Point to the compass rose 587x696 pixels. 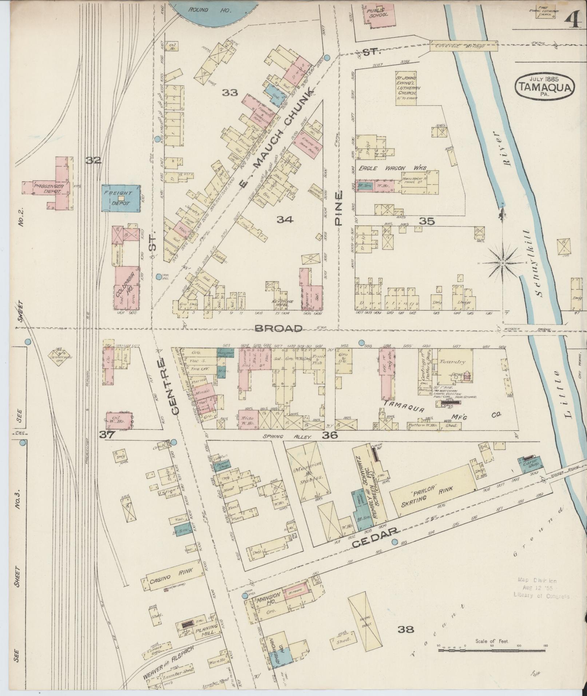pos(502,263)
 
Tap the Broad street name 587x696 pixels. pos(278,329)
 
